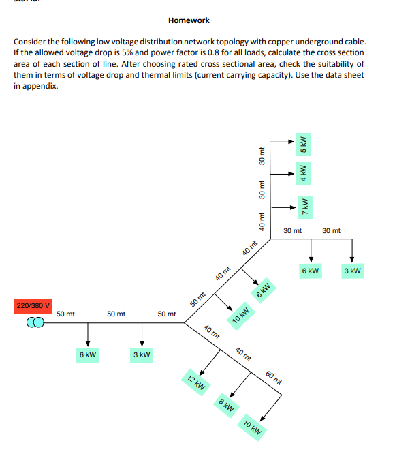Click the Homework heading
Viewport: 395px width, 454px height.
[x=189, y=20]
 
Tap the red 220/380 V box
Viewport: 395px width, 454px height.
[x=33, y=306]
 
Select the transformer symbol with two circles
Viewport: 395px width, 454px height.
[x=35, y=322]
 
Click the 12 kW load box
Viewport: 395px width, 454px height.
[x=195, y=382]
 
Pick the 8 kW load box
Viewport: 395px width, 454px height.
[x=226, y=406]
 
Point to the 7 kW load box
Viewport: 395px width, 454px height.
[x=305, y=207]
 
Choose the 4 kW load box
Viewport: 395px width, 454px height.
[x=303, y=173]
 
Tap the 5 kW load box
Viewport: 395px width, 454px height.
[x=303, y=145]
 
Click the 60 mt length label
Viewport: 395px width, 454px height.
[x=274, y=378]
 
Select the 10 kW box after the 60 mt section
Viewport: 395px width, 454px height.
[x=252, y=427]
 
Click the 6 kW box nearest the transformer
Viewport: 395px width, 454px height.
[x=88, y=354]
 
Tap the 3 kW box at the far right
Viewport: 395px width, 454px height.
[x=353, y=271]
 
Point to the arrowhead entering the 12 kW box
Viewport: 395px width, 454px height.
[x=202, y=373]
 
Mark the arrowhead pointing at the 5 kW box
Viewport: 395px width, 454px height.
[x=291, y=142]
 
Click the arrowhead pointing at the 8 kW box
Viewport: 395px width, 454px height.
[x=232, y=395]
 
